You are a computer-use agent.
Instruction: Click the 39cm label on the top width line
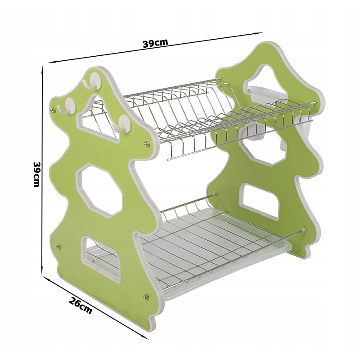pos(155,43)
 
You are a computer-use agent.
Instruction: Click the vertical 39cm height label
pos(37,174)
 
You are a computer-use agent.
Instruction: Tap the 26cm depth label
pos(80,306)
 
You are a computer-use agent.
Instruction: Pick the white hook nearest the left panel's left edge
pos(67,106)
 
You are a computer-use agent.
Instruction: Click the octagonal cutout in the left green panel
pos(99,190)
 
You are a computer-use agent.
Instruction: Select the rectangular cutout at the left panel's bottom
pos(101,259)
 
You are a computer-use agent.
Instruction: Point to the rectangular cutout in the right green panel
pos(261,202)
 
